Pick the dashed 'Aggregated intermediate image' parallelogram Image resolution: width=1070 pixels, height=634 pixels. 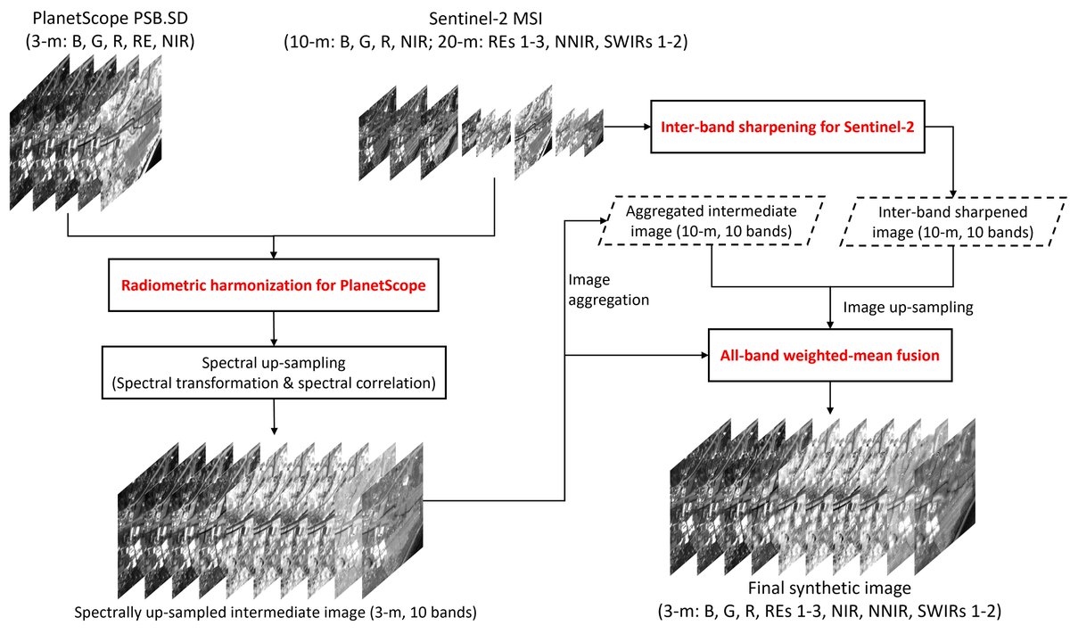(712, 197)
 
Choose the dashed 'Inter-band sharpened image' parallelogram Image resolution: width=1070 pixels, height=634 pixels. (953, 198)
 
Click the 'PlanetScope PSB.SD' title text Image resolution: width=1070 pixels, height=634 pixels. (111, 18)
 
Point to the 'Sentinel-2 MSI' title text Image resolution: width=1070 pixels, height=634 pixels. (485, 19)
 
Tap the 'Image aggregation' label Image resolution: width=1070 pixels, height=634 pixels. (608, 290)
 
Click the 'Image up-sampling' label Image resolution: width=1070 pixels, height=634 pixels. (908, 307)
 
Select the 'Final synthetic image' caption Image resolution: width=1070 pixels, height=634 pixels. (829, 588)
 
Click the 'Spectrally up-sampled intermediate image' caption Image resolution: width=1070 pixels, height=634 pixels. (276, 612)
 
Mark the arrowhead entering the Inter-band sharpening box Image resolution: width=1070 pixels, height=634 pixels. (646, 127)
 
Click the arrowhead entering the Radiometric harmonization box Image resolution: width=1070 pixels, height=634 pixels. (273, 255)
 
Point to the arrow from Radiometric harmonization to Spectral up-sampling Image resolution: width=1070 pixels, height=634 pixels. (274, 329)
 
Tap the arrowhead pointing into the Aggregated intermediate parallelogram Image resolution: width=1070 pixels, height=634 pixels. (604, 220)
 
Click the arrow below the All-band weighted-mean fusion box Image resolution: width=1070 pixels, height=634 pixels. (830, 398)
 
